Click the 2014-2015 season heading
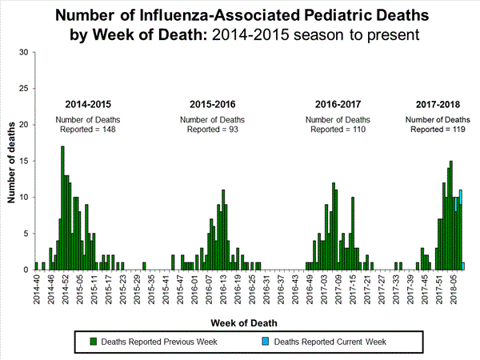click(88, 105)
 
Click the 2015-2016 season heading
click(212, 105)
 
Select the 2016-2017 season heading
click(338, 105)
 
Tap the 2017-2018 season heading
click(438, 105)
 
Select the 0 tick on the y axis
click(26, 270)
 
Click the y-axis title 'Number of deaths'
click(12, 160)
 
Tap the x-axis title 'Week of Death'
click(246, 322)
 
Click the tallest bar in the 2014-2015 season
click(62, 208)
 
